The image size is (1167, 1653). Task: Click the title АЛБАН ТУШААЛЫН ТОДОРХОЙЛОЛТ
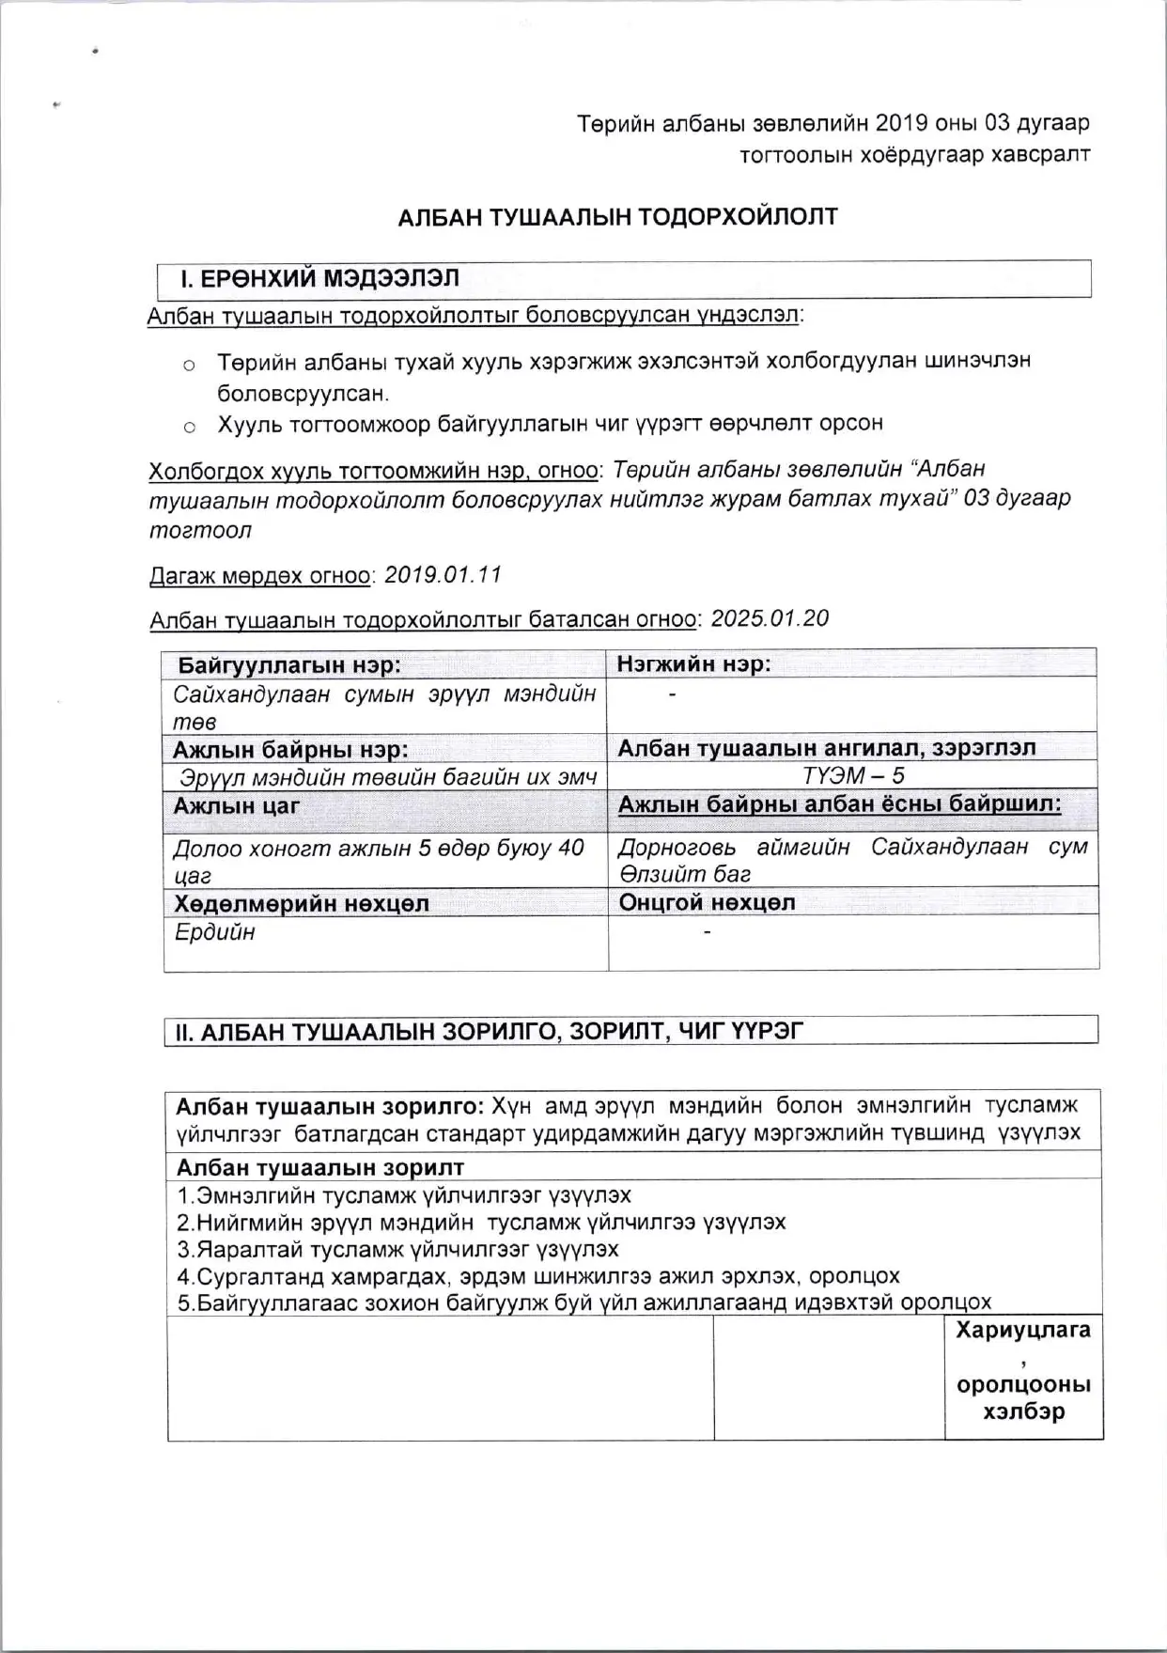click(617, 217)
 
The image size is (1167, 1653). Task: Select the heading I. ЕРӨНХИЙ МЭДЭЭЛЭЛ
click(319, 279)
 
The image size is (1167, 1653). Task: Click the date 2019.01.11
click(443, 574)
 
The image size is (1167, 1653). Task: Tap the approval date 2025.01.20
click(770, 618)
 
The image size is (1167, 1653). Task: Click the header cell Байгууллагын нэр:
click(289, 665)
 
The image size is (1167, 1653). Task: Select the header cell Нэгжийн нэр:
click(693, 664)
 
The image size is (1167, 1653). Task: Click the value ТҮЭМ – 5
click(853, 776)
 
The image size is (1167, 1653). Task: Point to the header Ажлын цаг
click(236, 806)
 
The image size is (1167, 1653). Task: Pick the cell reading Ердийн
click(214, 932)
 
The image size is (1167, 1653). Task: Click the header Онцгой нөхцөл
click(707, 902)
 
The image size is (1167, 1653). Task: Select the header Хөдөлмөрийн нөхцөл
click(301, 904)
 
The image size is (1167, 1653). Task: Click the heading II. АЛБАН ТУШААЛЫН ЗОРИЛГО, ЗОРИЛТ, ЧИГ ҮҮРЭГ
click(490, 1031)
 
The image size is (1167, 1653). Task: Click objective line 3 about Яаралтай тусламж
click(397, 1249)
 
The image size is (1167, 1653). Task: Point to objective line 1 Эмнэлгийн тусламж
click(404, 1195)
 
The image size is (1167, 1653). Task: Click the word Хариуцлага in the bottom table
click(1023, 1330)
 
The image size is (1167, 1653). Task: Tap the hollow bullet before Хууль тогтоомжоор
click(190, 427)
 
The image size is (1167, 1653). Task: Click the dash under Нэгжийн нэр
click(672, 694)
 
